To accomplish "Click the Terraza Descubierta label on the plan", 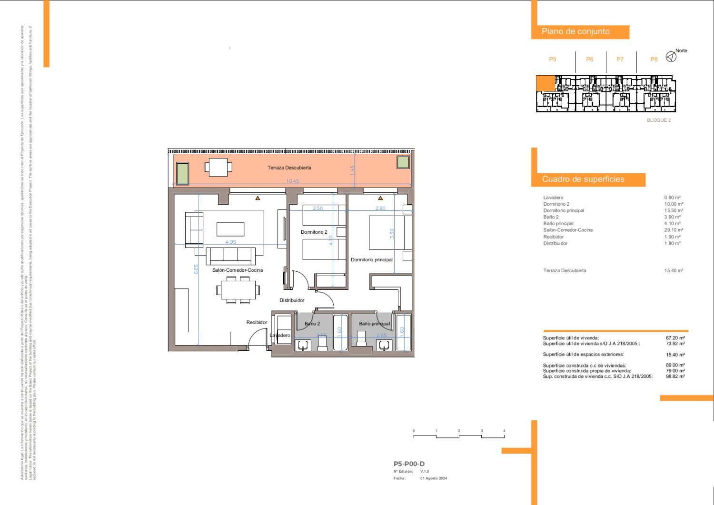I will click(289, 168).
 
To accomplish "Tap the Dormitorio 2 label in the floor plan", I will click(314, 232).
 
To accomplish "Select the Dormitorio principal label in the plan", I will click(372, 260).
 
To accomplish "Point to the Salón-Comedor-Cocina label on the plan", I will click(238, 270).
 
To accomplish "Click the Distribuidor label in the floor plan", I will click(292, 300).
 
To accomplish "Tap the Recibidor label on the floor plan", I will click(257, 322).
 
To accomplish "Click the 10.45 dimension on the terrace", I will click(293, 181).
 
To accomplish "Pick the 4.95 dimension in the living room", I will click(230, 242).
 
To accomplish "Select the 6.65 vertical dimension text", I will click(196, 269).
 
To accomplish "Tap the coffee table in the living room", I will click(230, 229).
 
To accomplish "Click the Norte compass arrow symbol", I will click(671, 57).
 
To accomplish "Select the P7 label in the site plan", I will click(620, 59).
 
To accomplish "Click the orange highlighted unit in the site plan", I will click(545, 83).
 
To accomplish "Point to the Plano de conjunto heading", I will click(575, 31).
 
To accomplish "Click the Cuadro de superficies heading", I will click(583, 179).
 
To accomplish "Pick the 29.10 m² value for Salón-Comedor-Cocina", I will click(674, 230).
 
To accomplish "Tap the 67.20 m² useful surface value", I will click(675, 338).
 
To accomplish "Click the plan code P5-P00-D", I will click(409, 464).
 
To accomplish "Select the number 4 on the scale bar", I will click(504, 431).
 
